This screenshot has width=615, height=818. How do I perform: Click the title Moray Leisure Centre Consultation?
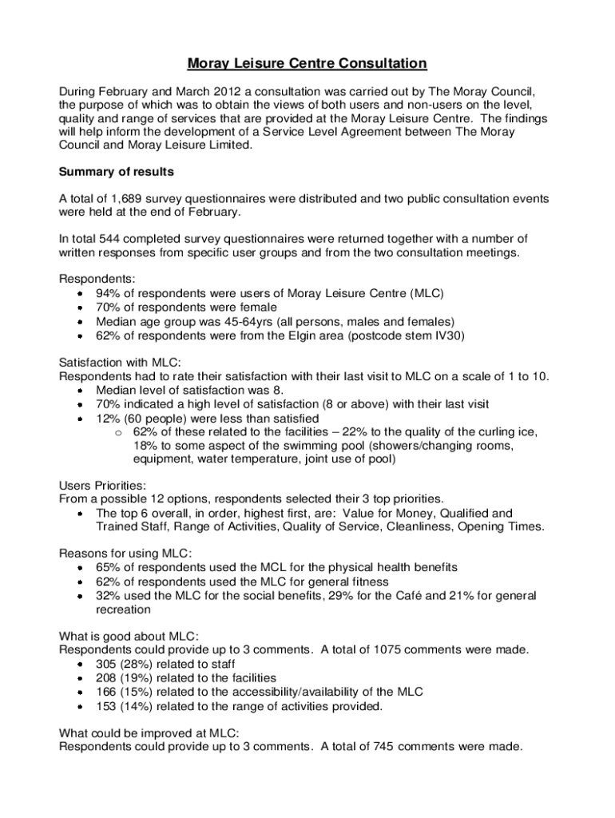(307, 63)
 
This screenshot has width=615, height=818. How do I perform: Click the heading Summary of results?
(117, 172)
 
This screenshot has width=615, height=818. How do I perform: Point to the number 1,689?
(129, 198)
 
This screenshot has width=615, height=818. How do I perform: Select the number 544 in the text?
(109, 239)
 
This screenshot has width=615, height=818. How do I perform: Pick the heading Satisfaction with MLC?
(120, 362)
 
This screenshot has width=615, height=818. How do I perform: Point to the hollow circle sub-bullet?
(117, 433)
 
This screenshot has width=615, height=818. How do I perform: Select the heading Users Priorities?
(103, 485)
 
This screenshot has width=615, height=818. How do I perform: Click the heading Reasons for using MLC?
(125, 554)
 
